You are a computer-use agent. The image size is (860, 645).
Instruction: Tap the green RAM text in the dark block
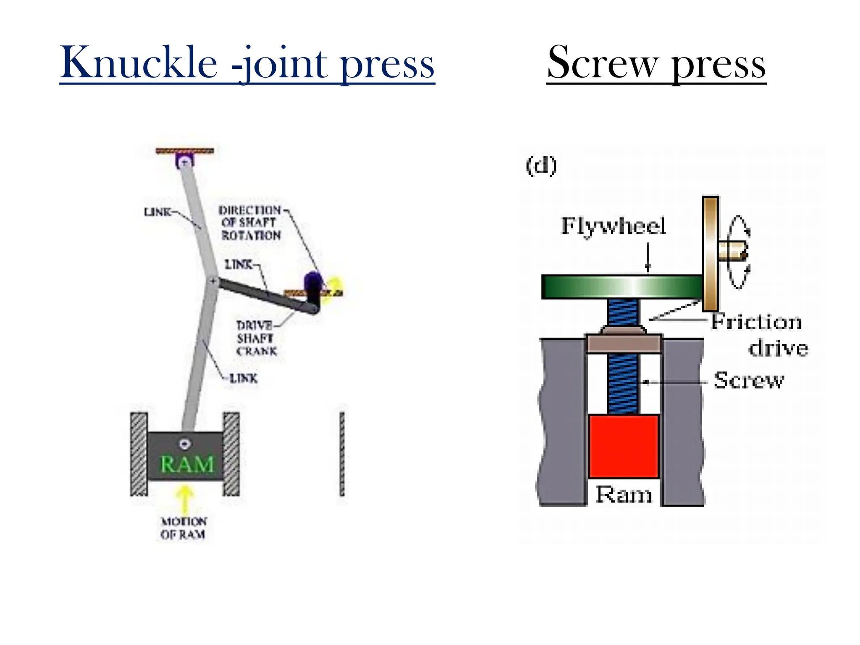tap(187, 464)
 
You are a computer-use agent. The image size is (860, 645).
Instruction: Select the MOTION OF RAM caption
tap(184, 528)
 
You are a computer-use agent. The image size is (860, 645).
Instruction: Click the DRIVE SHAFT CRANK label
tap(257, 338)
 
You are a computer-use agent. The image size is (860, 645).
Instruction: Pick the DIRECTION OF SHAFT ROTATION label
tap(251, 223)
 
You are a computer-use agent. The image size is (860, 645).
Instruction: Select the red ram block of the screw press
tap(623, 446)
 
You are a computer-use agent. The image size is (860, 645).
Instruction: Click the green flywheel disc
tap(621, 287)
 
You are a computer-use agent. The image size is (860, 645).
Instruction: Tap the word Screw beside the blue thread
tap(749, 380)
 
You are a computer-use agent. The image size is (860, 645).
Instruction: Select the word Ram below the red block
tap(624, 494)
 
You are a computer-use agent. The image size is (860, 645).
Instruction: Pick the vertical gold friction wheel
tap(711, 254)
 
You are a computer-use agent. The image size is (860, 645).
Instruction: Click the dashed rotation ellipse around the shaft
tap(739, 252)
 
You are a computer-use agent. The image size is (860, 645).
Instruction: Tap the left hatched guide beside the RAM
tap(139, 454)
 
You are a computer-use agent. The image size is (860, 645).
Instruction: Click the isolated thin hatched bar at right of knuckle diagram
tap(342, 454)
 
